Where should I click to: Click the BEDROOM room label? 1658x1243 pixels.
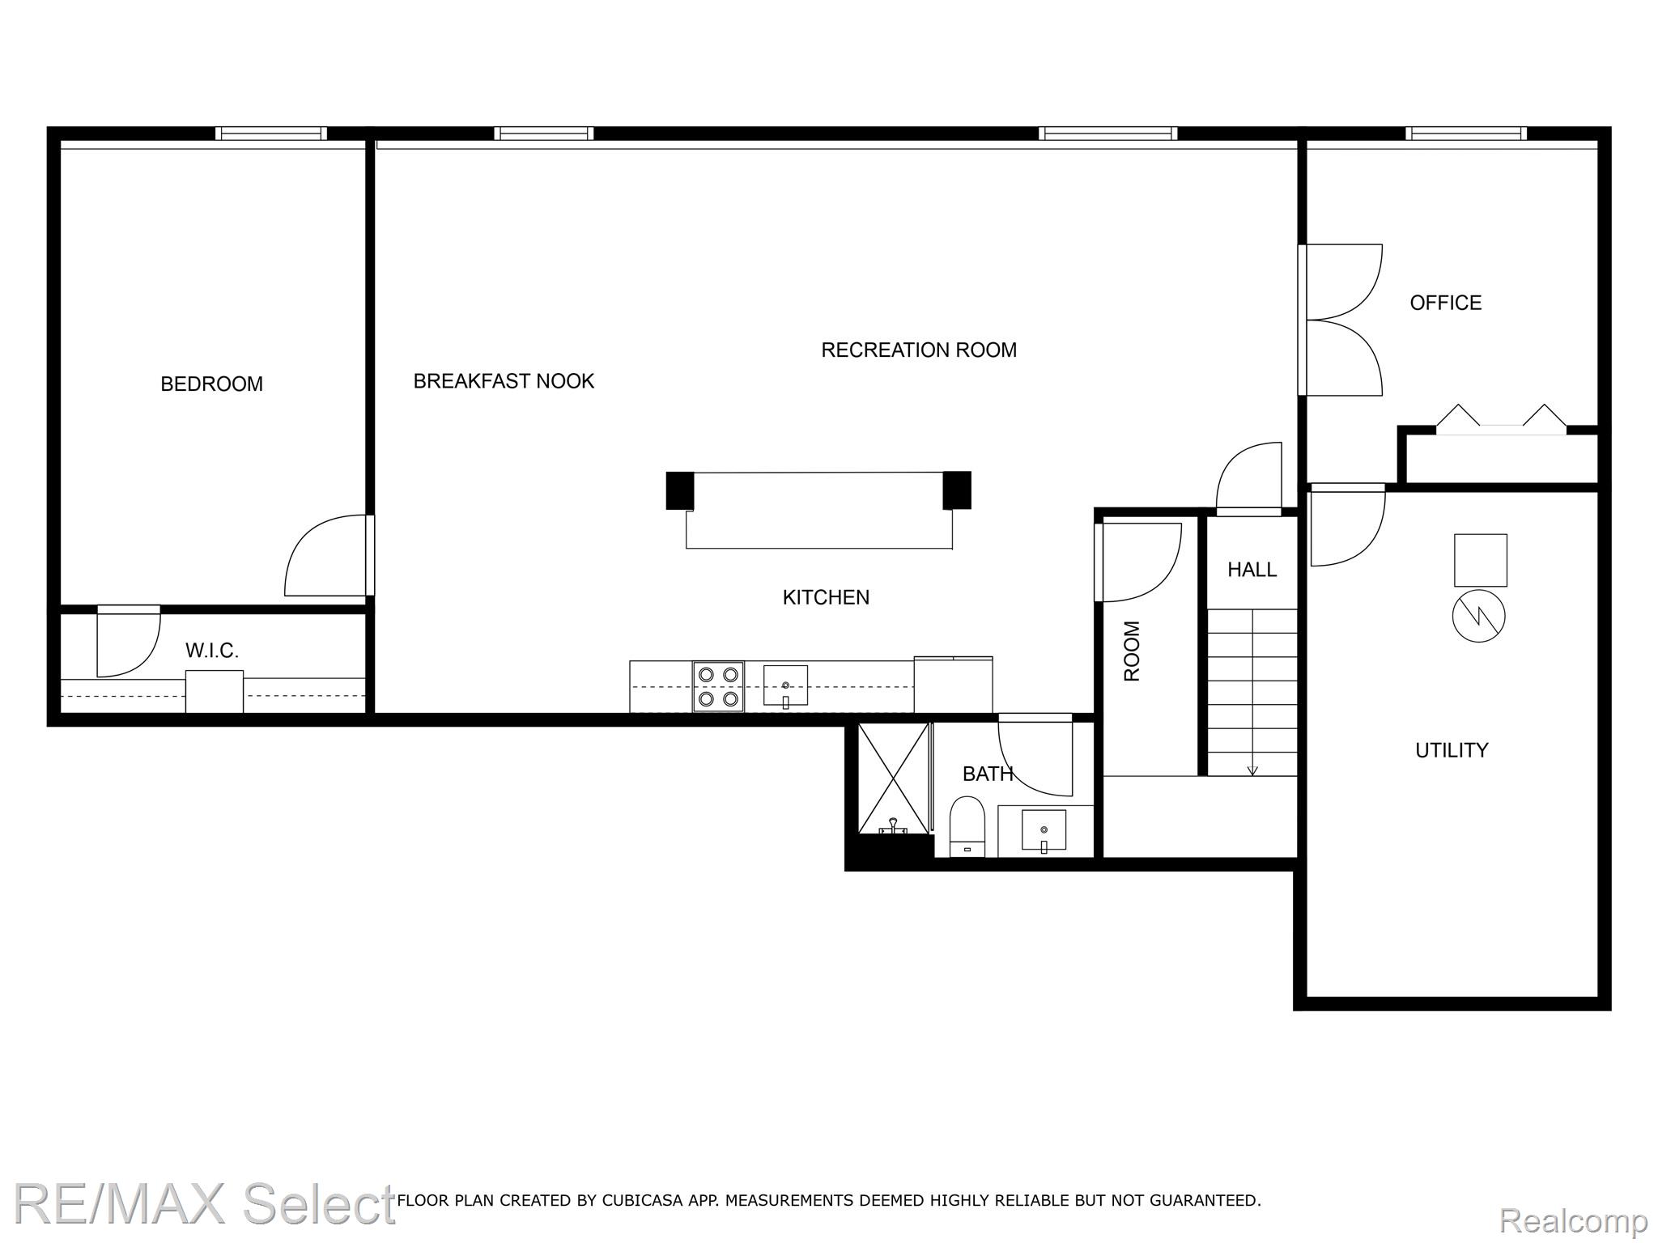pyautogui.click(x=211, y=384)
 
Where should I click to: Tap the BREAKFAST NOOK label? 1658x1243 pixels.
pyautogui.click(x=504, y=381)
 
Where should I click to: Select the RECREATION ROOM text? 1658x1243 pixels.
pyautogui.click(x=919, y=350)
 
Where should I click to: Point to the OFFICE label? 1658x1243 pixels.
pyautogui.click(x=1445, y=303)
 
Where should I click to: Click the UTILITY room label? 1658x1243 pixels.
pyautogui.click(x=1452, y=750)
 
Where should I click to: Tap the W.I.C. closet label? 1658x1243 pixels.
pyautogui.click(x=212, y=651)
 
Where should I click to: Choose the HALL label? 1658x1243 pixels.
pyautogui.click(x=1252, y=570)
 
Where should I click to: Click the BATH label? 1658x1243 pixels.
pyautogui.click(x=988, y=774)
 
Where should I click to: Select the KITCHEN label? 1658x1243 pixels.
pyautogui.click(x=826, y=597)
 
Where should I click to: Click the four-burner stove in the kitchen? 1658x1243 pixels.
pyautogui.click(x=718, y=686)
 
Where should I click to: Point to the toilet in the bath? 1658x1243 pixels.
pyautogui.click(x=967, y=825)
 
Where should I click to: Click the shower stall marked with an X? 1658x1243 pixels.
pyautogui.click(x=893, y=778)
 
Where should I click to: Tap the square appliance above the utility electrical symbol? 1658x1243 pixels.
pyautogui.click(x=1480, y=560)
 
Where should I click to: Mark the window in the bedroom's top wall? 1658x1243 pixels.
pyautogui.click(x=271, y=134)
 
